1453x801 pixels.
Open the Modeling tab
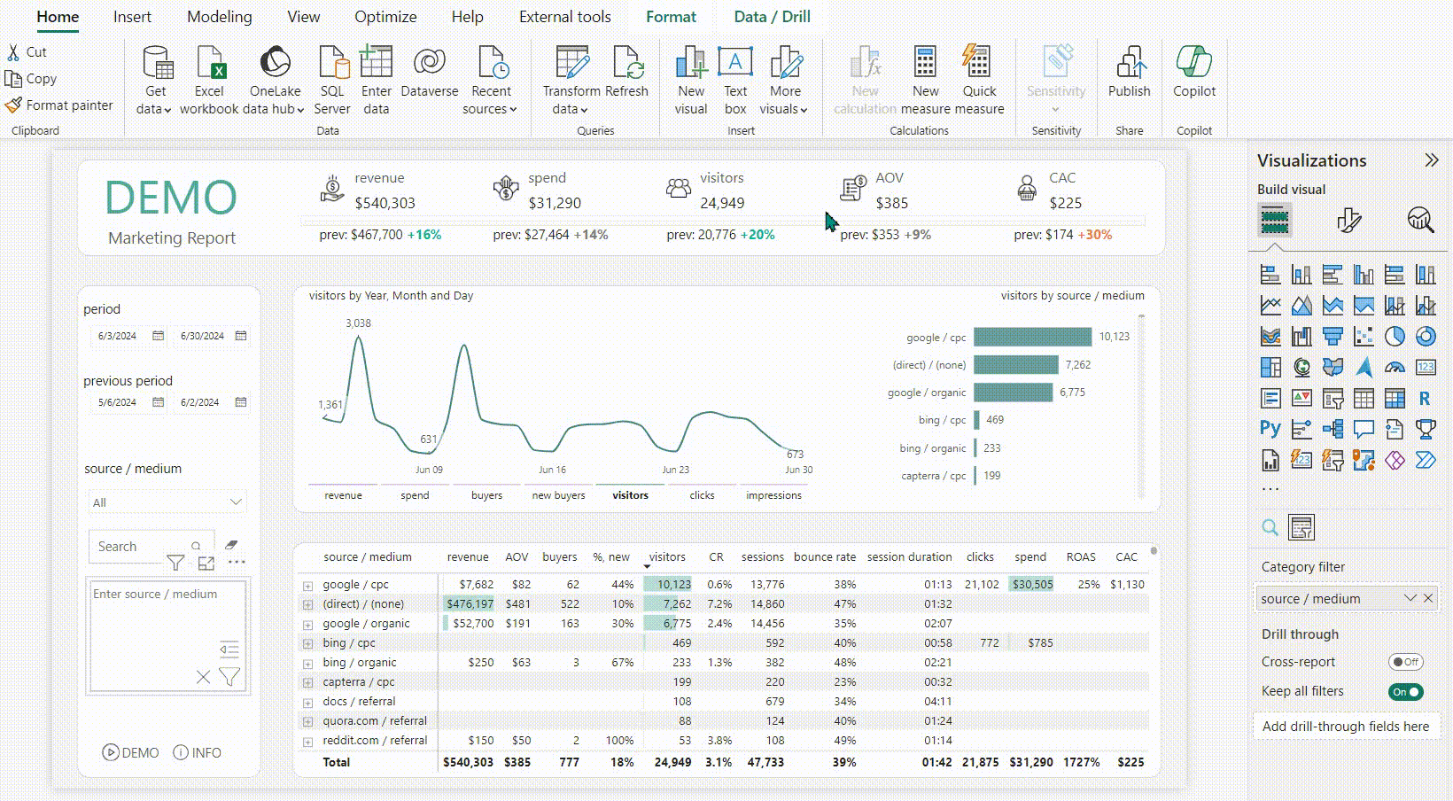219,17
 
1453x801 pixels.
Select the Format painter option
59,105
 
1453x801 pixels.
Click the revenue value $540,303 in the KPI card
385,203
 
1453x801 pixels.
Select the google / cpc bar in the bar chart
1032,337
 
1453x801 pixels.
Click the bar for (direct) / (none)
1015,364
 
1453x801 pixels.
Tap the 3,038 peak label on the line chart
358,323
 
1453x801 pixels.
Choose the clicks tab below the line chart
702,495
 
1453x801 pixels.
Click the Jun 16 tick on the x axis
552,470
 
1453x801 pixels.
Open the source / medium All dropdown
167,502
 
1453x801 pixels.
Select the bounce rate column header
824,557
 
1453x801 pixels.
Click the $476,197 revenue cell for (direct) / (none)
470,604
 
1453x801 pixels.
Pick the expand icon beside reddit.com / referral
307,742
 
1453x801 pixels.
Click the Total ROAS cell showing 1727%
1081,762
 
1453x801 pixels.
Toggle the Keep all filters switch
1405,692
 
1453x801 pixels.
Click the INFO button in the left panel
197,752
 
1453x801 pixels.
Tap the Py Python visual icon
1270,429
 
